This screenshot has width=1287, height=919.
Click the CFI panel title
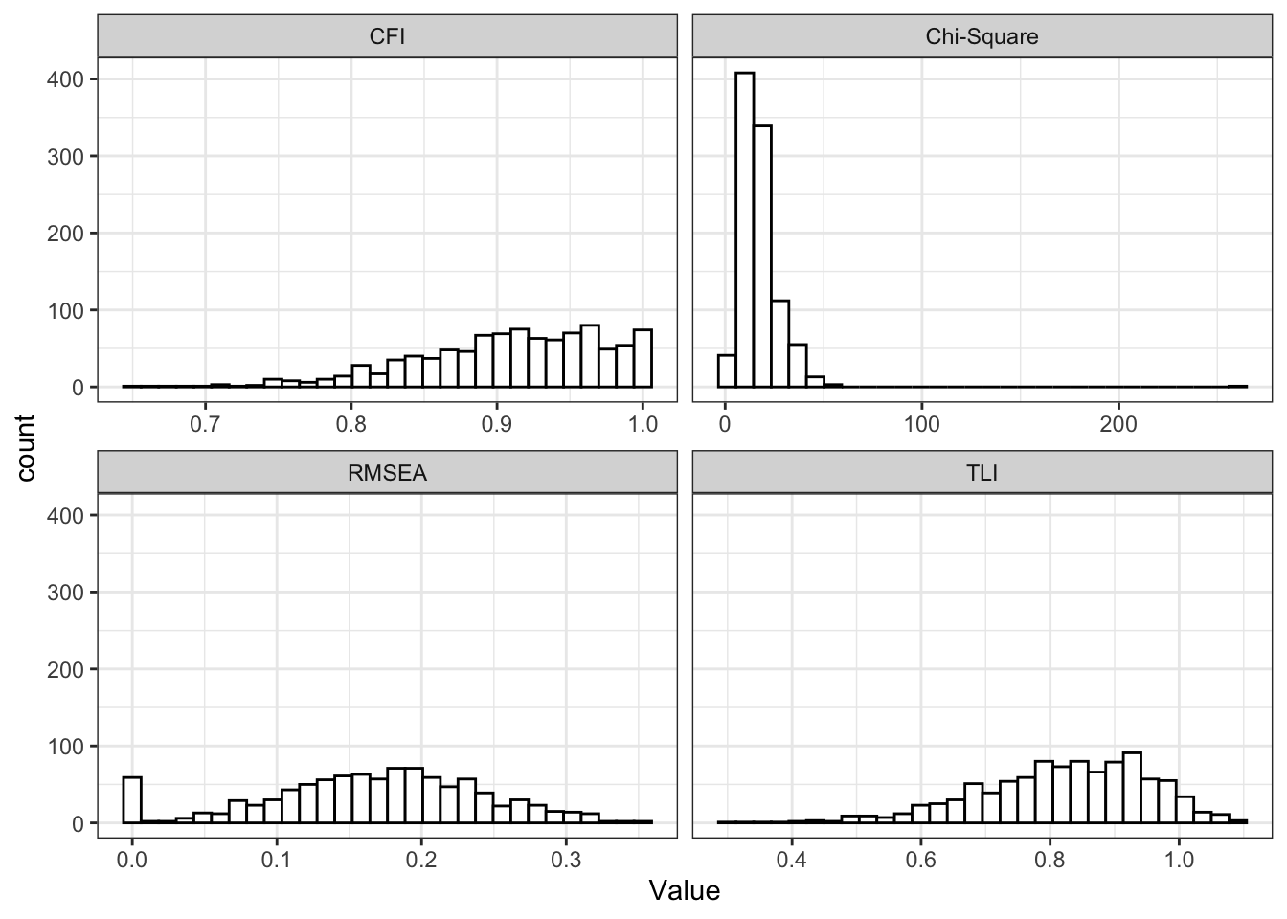(x=387, y=37)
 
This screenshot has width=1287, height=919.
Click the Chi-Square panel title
(x=982, y=37)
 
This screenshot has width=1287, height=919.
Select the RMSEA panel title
(x=387, y=473)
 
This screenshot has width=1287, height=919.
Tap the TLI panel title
(x=982, y=473)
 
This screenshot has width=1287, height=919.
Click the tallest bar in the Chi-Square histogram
(x=744, y=230)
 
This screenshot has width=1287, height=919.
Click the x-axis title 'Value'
(x=684, y=891)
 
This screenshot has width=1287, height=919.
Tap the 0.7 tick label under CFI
(x=205, y=424)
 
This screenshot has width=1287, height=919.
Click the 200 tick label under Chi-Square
(x=1118, y=424)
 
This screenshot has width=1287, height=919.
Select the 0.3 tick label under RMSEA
(x=566, y=860)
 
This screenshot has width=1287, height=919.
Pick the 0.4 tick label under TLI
(x=791, y=860)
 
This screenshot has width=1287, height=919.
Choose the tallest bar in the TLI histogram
(x=1132, y=788)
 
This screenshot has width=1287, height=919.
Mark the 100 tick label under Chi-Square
(x=922, y=424)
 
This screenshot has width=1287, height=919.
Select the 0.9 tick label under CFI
(x=497, y=424)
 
